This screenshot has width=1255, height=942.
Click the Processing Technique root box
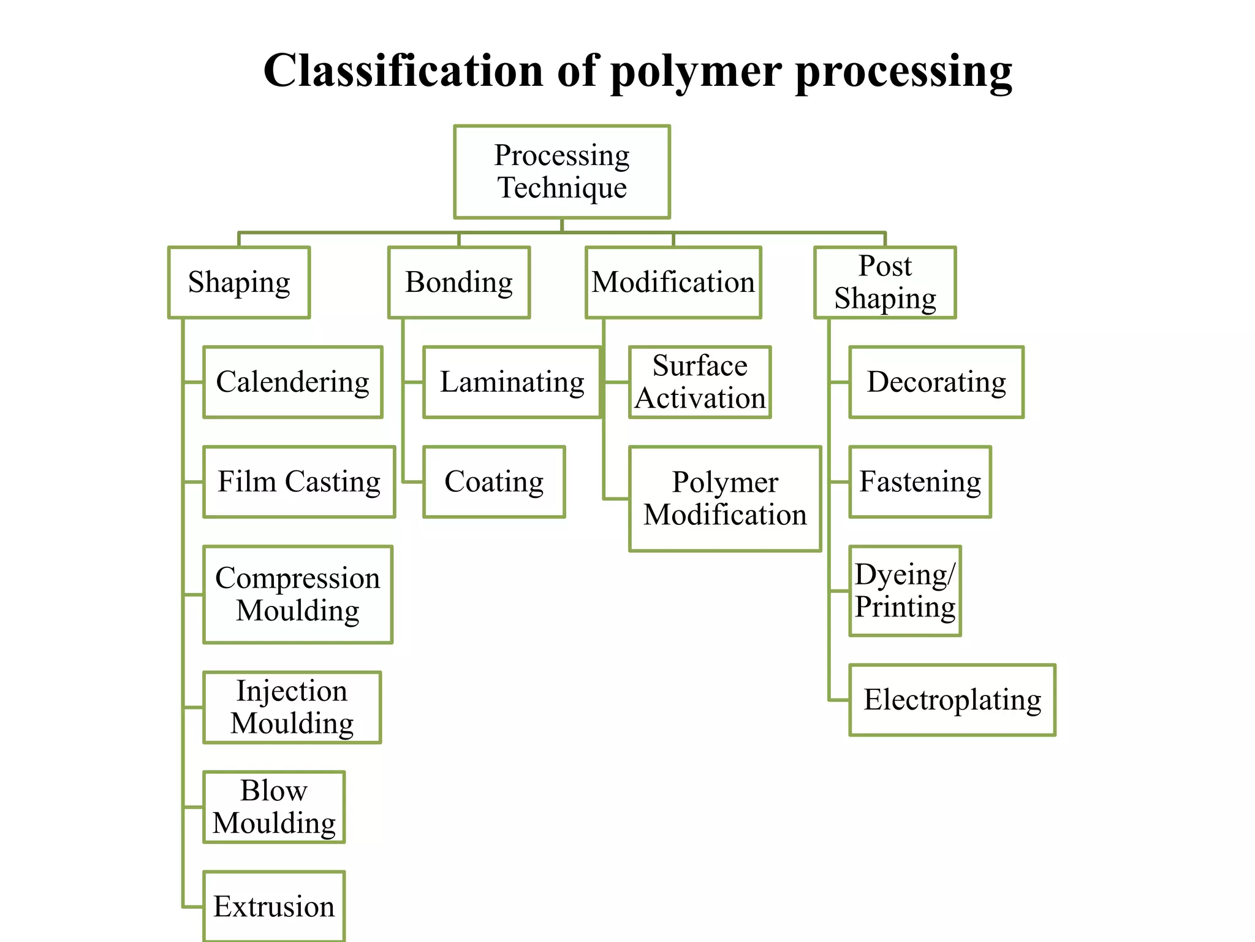(561, 172)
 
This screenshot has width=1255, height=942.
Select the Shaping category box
(239, 282)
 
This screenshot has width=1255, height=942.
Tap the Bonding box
(458, 282)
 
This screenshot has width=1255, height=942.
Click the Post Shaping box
(884, 282)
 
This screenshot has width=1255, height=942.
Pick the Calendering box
(292, 382)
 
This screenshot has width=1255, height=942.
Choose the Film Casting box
(299, 481)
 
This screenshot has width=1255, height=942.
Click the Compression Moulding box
(298, 594)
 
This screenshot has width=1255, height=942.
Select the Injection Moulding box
(292, 707)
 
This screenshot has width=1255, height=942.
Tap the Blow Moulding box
(274, 806)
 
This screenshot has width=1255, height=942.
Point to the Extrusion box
(274, 906)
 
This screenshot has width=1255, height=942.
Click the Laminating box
(512, 382)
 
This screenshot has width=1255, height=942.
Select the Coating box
(494, 481)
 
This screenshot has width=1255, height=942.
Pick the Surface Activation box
(700, 382)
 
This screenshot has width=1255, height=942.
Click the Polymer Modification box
(725, 499)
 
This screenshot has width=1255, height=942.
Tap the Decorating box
(936, 382)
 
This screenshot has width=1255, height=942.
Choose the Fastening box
(920, 481)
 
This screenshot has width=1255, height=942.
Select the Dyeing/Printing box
(905, 591)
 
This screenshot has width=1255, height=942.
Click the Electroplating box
(952, 700)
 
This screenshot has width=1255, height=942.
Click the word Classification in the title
(403, 71)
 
